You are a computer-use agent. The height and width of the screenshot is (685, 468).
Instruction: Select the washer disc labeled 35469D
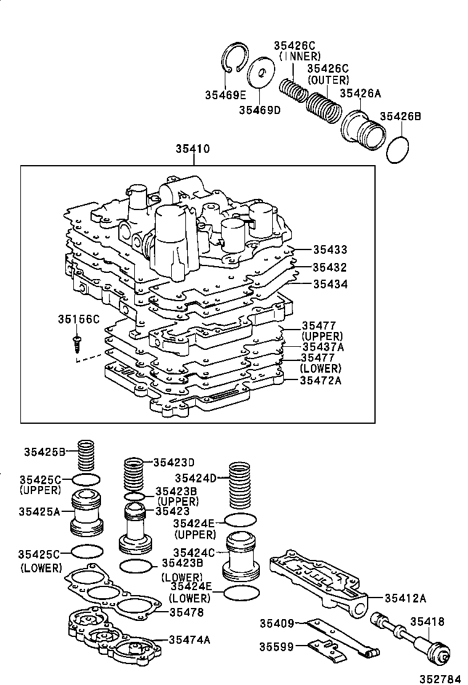click(x=260, y=74)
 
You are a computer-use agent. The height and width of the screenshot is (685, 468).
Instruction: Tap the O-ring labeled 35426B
click(x=398, y=150)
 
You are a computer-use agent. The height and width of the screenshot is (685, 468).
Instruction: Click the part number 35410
click(x=193, y=149)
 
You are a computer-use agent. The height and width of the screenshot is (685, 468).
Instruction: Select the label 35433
click(x=329, y=250)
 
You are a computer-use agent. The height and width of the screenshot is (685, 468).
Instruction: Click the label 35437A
click(x=323, y=347)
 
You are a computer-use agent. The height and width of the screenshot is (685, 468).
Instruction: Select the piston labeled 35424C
click(x=241, y=554)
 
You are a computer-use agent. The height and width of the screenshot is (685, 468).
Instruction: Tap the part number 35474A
click(x=190, y=639)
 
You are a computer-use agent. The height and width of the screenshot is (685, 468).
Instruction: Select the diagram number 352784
click(x=440, y=678)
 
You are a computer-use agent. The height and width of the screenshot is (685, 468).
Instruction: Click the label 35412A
click(x=405, y=597)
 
